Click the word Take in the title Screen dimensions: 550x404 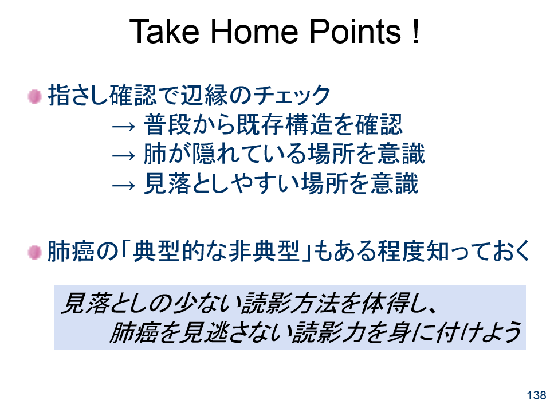click(164, 32)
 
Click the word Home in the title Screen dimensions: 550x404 click(254, 32)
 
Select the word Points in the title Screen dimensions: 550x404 click(355, 32)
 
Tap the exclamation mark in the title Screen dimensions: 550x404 click(416, 32)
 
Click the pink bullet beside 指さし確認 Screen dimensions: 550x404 click(34, 96)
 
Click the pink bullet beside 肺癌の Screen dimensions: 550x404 click(34, 252)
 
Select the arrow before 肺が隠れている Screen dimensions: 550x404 click(124, 155)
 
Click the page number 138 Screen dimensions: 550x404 click(537, 395)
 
